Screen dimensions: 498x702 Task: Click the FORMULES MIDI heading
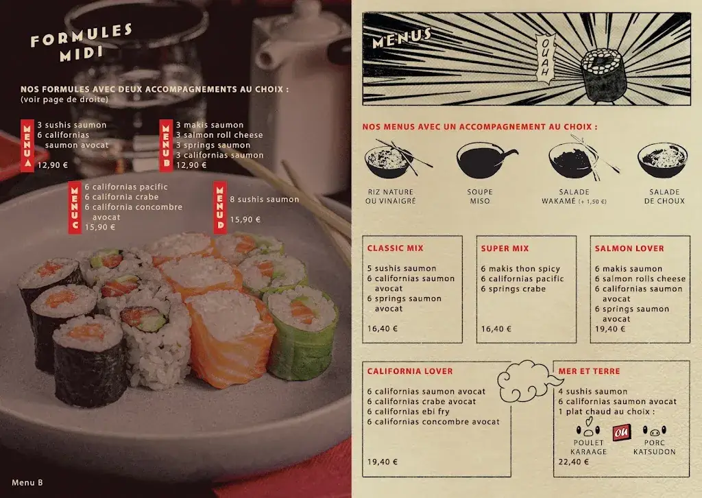81,43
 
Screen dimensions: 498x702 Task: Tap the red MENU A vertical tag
27,145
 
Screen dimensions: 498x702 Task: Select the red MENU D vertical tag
220,206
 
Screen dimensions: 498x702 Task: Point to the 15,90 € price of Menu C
99,227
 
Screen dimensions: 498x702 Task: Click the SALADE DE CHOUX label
664,196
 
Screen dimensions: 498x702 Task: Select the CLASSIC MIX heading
395,248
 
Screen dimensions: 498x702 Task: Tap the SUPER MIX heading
505,248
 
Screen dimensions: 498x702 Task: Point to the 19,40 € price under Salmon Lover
610,329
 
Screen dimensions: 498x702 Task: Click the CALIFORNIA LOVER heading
409,371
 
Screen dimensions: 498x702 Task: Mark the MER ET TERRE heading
589,371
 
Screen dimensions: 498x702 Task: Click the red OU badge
622,433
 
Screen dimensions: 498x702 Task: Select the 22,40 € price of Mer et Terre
574,462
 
